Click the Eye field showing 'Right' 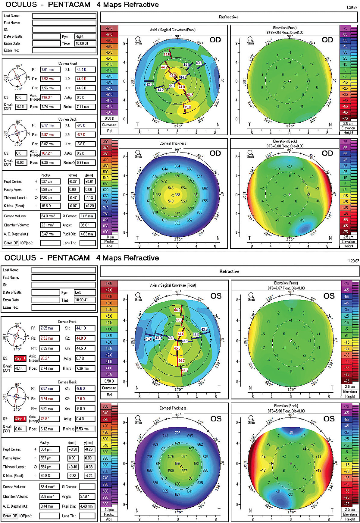click(x=85, y=36)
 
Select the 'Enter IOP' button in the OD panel click(x=11, y=243)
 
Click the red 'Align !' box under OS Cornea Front click(x=20, y=358)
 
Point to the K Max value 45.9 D click(x=49, y=476)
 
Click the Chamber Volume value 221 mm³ click(x=50, y=225)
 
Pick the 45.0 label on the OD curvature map click(x=187, y=107)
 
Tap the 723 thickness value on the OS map click(x=178, y=433)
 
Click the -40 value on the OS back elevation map click(x=290, y=433)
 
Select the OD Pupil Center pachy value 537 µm click(x=50, y=181)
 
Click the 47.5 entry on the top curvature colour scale click(x=109, y=28)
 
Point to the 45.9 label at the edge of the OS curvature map click(x=156, y=380)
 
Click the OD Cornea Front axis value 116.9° click(x=50, y=97)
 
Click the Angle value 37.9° click(x=87, y=496)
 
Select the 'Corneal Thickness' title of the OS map click(x=173, y=408)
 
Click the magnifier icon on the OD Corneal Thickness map click(x=138, y=153)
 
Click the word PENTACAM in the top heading click(x=69, y=5)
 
